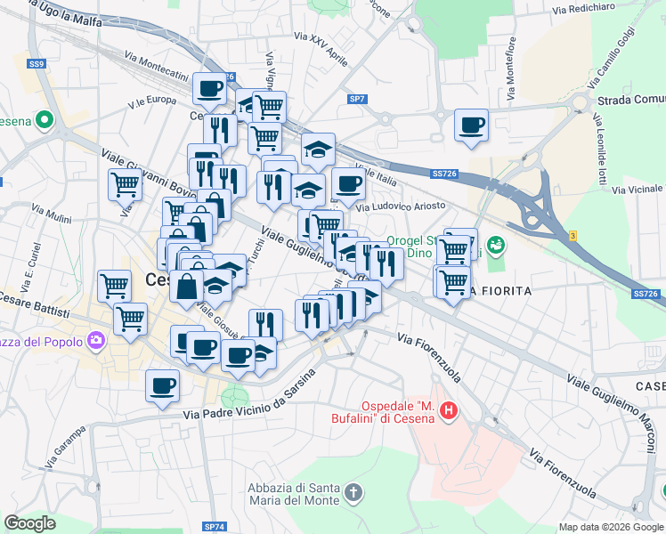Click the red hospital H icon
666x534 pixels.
[x=450, y=410]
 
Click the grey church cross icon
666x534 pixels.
[x=353, y=492]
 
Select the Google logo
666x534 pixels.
[x=29, y=523]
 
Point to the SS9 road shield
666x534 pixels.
[x=36, y=64]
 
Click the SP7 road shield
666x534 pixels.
[x=357, y=98]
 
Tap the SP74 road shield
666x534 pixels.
[x=214, y=527]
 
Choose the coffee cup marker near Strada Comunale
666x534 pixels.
[x=471, y=125]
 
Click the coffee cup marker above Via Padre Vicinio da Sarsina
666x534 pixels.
[x=163, y=385]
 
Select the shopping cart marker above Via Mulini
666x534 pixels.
[x=125, y=185]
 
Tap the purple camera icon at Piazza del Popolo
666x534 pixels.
[x=95, y=340]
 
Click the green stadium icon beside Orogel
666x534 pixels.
[x=496, y=242]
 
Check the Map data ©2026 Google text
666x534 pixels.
[x=610, y=527]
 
